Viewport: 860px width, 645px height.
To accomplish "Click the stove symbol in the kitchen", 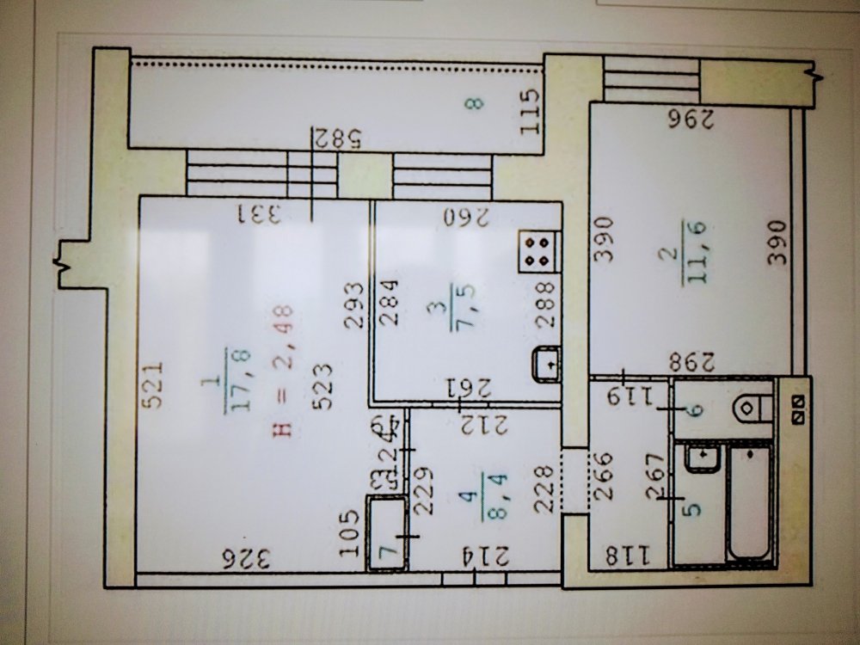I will click(540, 251).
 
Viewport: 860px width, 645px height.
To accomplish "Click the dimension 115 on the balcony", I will click(531, 112).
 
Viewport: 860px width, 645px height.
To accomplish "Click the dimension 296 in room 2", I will click(691, 120).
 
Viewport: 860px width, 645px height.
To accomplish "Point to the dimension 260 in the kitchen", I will click(467, 215).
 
